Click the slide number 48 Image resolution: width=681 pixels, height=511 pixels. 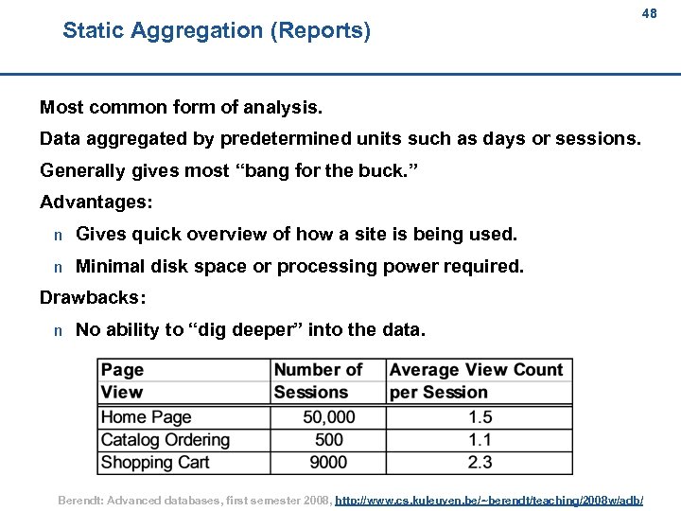[x=648, y=14]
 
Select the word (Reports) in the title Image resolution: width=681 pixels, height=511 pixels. [x=320, y=31]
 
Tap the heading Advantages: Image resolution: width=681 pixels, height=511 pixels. [x=96, y=203]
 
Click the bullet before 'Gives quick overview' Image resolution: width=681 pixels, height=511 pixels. [x=58, y=235]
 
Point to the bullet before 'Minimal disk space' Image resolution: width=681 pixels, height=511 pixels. [x=58, y=267]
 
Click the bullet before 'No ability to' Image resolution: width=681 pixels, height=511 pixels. [x=58, y=330]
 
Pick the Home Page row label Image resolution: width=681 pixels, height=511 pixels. [x=146, y=417]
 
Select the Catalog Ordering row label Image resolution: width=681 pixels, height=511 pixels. [x=165, y=440]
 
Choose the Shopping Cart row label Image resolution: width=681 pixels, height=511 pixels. [x=154, y=463]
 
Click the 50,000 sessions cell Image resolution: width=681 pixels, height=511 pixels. [x=328, y=417]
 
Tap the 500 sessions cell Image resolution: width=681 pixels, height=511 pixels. [x=328, y=440]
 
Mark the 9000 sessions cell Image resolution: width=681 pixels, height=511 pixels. [x=328, y=463]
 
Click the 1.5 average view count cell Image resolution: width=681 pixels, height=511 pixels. [x=480, y=417]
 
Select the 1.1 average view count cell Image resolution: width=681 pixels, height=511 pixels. [x=480, y=440]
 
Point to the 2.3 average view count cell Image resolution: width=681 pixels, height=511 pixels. [x=480, y=463]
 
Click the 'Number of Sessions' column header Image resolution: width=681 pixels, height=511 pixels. [x=319, y=381]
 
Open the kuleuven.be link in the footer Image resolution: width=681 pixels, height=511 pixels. [x=489, y=499]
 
